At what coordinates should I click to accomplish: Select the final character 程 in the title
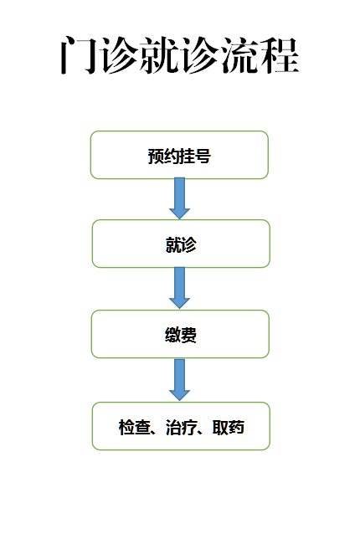(280, 55)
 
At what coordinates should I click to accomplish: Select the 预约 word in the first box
(163, 157)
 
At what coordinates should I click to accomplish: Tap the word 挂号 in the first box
(195, 157)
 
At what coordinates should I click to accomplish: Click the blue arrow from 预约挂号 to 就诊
(179, 198)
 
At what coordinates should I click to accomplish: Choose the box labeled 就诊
(181, 244)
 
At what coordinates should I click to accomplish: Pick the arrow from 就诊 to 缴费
(179, 288)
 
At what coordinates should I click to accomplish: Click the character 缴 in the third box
(172, 335)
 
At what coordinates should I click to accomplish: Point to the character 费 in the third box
(188, 335)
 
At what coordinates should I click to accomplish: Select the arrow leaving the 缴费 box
(179, 380)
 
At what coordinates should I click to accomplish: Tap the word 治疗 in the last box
(181, 427)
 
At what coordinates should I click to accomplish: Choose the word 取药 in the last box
(229, 427)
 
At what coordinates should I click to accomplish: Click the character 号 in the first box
(203, 157)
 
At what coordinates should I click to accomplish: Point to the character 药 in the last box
(236, 427)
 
